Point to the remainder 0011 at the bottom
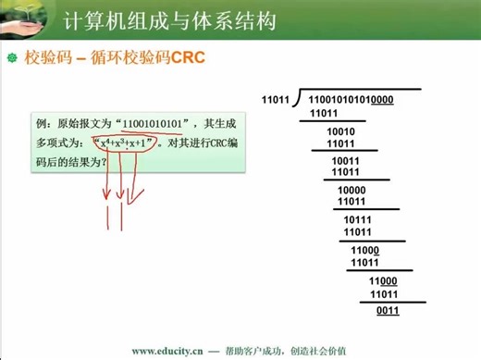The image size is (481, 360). [388, 310]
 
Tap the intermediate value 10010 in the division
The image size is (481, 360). [341, 131]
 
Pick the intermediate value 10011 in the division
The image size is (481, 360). [345, 160]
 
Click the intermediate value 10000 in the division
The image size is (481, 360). [351, 190]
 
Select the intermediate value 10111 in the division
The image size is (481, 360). [357, 220]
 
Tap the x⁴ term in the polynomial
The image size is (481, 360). [105, 144]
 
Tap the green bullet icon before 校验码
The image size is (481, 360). [13, 58]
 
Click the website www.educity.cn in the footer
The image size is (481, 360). [167, 351]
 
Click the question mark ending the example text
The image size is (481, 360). [105, 161]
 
